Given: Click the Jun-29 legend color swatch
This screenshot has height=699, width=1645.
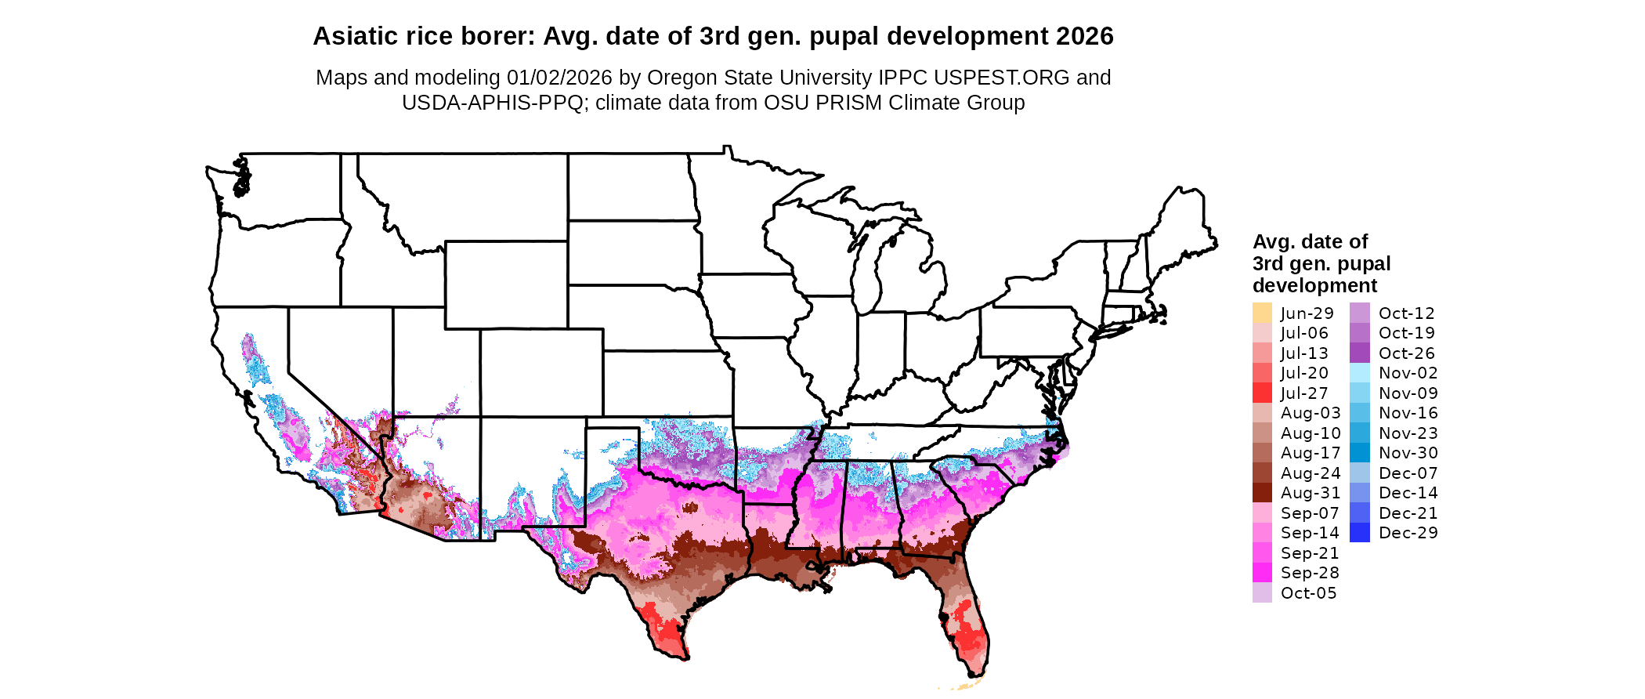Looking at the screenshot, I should (x=1262, y=313).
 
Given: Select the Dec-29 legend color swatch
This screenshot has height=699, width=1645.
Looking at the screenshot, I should (x=1360, y=533).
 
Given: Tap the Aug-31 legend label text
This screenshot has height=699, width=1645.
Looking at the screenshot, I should (x=1311, y=493).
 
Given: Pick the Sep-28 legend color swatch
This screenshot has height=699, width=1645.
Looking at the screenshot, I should (x=1262, y=573).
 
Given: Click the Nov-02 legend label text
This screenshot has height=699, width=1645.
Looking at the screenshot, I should (x=1408, y=373).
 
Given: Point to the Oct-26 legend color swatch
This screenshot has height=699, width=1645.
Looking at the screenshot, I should (x=1360, y=353).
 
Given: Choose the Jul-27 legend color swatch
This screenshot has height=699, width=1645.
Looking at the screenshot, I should (x=1262, y=393).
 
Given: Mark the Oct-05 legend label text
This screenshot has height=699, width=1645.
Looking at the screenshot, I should (x=1308, y=593).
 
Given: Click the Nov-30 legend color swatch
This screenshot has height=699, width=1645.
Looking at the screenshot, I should (x=1360, y=453).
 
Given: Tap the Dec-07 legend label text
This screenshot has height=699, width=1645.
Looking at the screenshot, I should (x=1408, y=473).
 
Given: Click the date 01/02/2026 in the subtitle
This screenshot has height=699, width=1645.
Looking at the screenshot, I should (x=559, y=78).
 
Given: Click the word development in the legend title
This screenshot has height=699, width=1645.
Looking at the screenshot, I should (x=1314, y=285).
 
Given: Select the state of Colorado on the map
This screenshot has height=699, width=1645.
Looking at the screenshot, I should (x=541, y=373).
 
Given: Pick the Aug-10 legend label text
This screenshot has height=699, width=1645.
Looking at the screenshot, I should (x=1311, y=433).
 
